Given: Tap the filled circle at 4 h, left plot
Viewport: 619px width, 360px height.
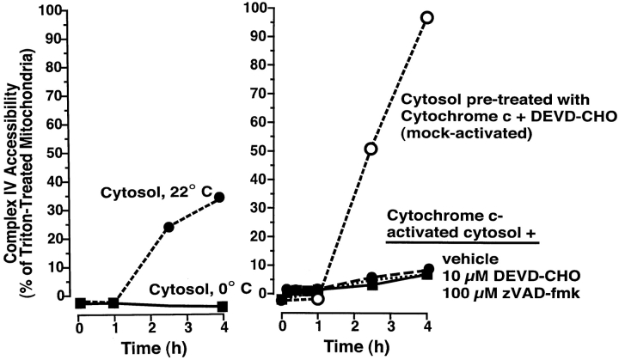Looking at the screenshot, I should coord(223,198).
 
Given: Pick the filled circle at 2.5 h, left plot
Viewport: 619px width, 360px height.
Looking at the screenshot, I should coord(169,227).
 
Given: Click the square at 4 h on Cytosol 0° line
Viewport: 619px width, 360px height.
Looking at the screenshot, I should coord(223,307).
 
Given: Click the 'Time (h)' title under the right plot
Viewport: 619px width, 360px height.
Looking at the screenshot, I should coord(353,348).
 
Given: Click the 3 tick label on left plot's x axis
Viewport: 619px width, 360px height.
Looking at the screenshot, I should coord(187,327).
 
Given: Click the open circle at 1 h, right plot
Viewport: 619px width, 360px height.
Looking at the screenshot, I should coord(318,298).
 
